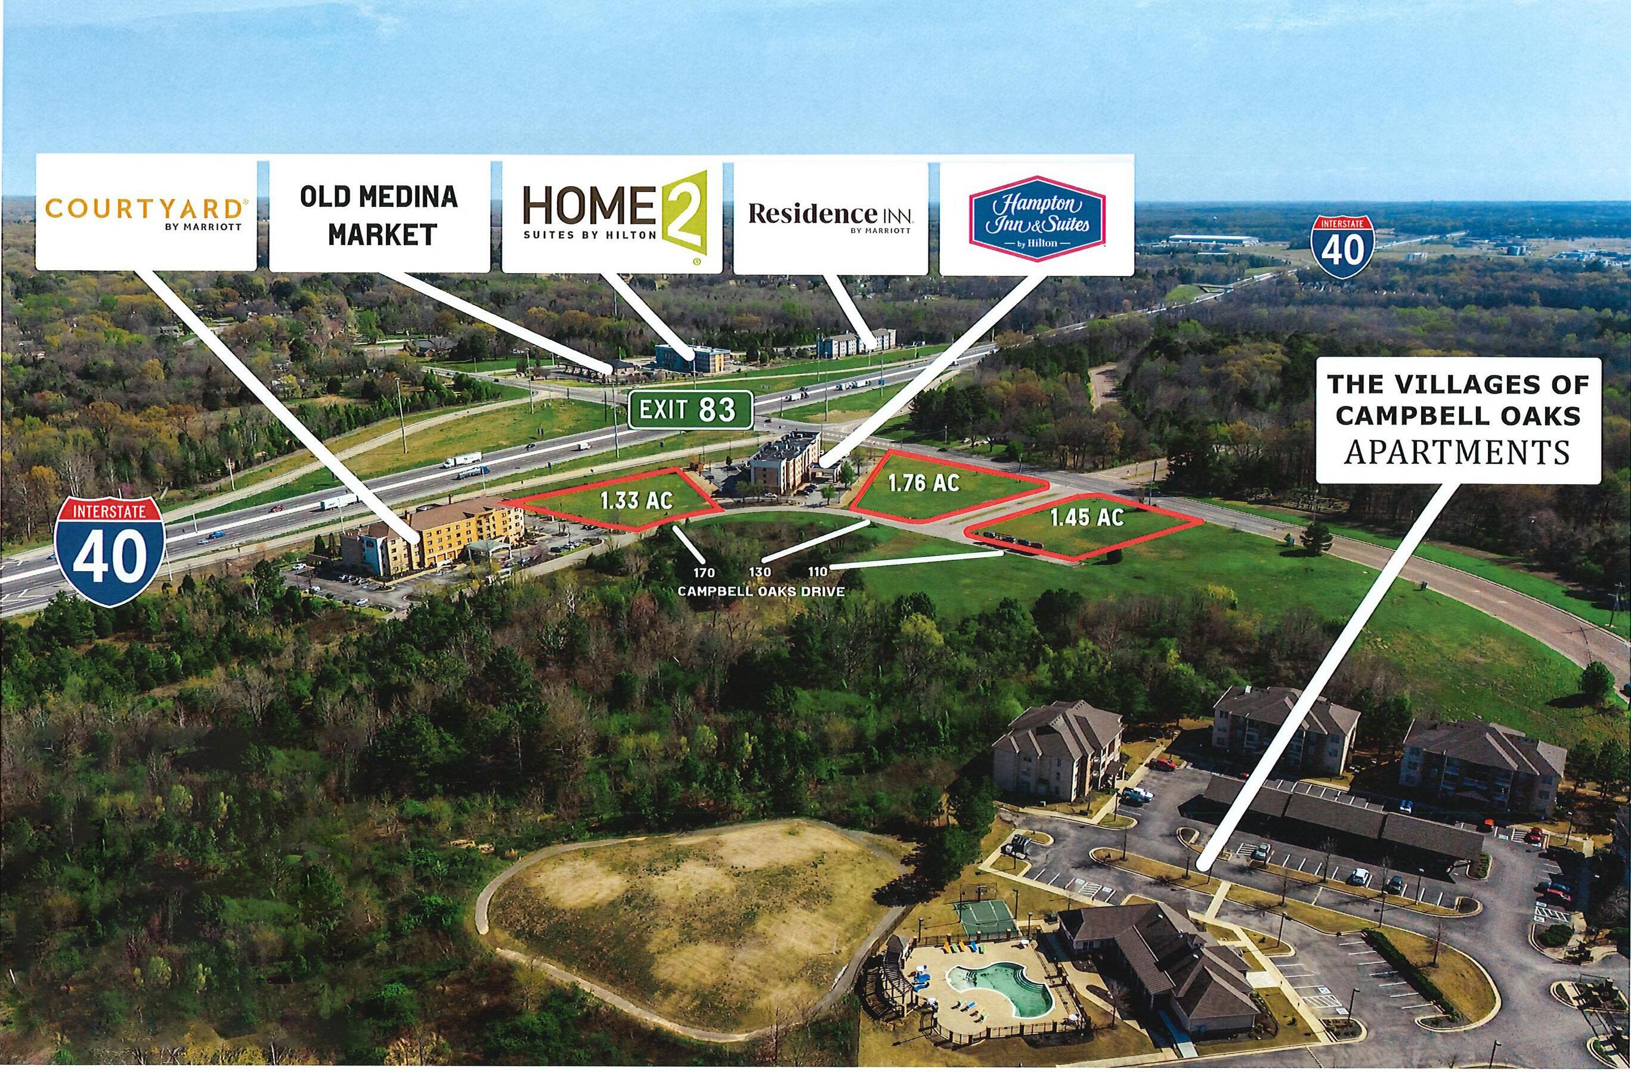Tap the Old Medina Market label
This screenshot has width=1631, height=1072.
[x=379, y=215]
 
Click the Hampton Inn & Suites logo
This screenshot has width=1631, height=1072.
[x=1036, y=218]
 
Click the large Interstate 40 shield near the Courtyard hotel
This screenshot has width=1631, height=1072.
[x=110, y=550]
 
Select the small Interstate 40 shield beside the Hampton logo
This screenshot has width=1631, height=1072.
[x=1342, y=247]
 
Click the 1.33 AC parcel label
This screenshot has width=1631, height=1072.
[x=637, y=500]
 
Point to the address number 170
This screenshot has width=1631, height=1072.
[x=703, y=572]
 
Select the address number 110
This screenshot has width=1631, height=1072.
[x=818, y=571]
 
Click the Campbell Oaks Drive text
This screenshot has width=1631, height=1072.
[x=761, y=591]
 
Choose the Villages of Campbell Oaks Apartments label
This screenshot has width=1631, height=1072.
[x=1458, y=419]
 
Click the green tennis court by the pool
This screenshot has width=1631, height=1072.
[x=983, y=917]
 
